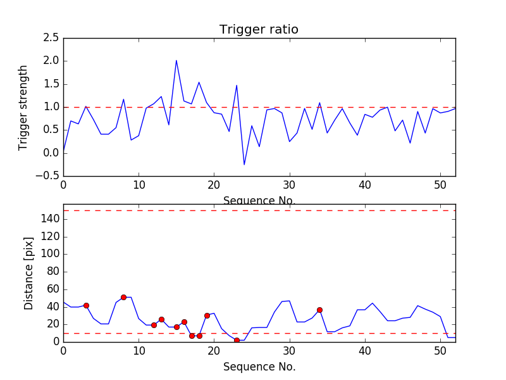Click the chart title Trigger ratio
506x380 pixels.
tap(259, 30)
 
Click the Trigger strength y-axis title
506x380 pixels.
tap(23, 107)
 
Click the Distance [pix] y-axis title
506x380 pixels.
tap(28, 272)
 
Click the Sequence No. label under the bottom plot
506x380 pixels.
tap(259, 367)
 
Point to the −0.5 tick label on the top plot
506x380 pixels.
tap(47, 175)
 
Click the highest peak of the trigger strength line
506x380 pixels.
tap(176, 61)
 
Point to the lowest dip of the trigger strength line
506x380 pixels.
tap(244, 165)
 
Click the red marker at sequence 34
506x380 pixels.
tap(319, 310)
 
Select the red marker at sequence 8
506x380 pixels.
tap(123, 297)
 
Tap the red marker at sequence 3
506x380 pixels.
tap(86, 305)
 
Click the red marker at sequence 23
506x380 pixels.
tap(237, 340)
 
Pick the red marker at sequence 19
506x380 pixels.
tap(207, 315)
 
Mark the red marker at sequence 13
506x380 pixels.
tap(161, 319)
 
